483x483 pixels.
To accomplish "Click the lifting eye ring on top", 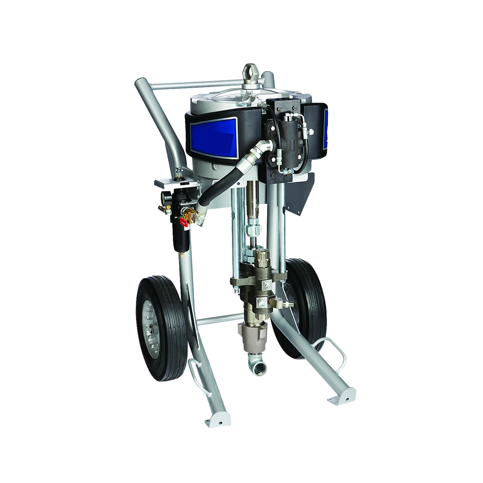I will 251,72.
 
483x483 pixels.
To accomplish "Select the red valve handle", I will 184,220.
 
